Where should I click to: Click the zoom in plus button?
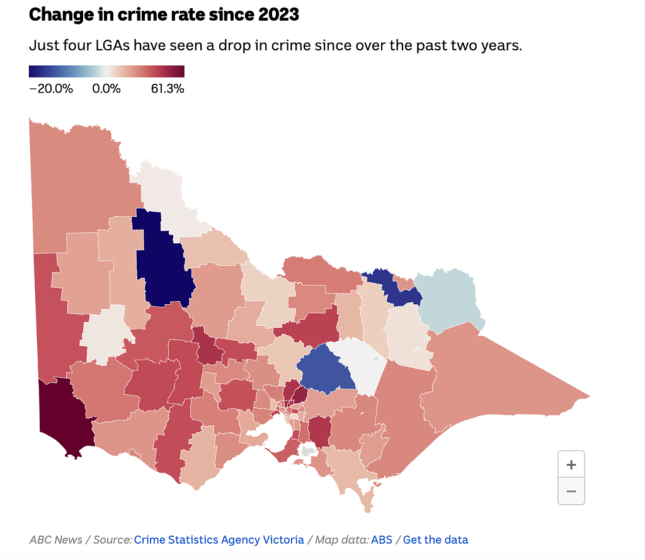point(571,464)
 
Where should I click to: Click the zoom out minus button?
point(571,491)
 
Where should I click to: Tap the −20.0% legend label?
point(51,88)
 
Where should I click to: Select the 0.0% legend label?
point(106,88)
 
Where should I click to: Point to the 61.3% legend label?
point(168,88)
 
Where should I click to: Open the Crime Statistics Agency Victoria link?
point(219,539)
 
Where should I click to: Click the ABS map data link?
point(381,539)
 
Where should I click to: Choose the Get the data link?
point(435,539)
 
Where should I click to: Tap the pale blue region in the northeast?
point(448,299)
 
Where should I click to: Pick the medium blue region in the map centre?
point(325,370)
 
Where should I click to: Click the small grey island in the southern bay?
point(308,451)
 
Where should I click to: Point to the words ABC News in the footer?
point(56,539)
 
